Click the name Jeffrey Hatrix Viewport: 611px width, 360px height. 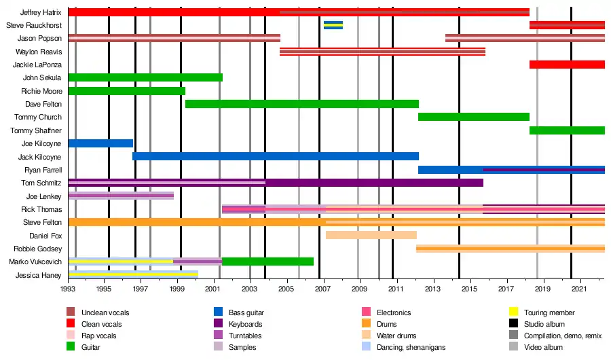point(41,12)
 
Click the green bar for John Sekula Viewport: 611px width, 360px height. point(145,77)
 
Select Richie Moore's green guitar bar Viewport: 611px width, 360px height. point(126,91)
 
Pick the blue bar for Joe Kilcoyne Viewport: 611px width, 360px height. point(100,143)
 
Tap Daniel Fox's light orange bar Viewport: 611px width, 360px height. point(371,235)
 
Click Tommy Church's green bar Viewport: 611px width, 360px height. point(473,117)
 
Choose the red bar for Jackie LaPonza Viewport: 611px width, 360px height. point(567,65)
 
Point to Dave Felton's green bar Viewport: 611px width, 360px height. point(301,104)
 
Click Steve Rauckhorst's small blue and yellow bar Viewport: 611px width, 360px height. point(333,25)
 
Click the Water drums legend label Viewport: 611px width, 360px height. point(397,336)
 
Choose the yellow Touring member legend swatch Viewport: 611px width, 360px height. point(513,312)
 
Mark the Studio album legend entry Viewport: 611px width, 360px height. point(544,324)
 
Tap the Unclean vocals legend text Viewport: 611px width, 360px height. point(105,312)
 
